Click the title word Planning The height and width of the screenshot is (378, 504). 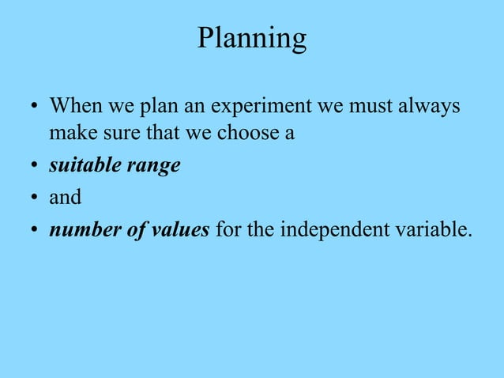point(251,38)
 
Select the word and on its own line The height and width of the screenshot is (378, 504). point(66,197)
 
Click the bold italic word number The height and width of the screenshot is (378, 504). point(82,229)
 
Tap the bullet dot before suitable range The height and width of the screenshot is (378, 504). point(34,167)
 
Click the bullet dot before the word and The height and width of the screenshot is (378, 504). point(34,198)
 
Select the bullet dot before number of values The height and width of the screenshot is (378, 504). point(34,230)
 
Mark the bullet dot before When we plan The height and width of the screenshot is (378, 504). point(34,107)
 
